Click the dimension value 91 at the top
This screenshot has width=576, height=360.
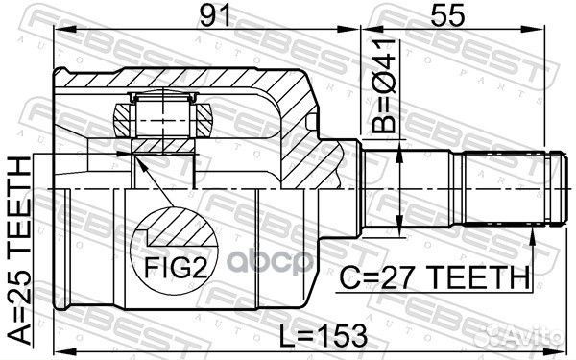tap(214, 15)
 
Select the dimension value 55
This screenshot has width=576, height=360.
tap(447, 15)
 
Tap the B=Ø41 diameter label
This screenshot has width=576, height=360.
tap(383, 85)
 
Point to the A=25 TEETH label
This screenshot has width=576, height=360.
tap(20, 251)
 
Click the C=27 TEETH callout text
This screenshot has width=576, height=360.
tap(434, 277)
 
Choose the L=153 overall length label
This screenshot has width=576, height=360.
tap(324, 335)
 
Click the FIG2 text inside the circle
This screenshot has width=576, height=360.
tap(175, 267)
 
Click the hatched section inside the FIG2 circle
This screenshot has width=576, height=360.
tap(180, 228)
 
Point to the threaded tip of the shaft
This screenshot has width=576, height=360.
tap(555, 187)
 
